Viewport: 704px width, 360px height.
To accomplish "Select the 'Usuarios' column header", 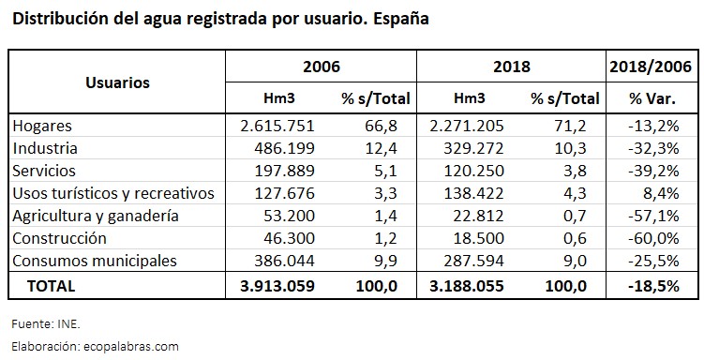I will pyautogui.click(x=117, y=82).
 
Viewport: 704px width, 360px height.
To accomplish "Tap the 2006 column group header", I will pyautogui.click(x=321, y=67).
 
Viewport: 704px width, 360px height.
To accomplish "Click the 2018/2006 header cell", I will pyautogui.click(x=650, y=67).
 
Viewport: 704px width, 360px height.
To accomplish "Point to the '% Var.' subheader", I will pyautogui.click(x=650, y=97).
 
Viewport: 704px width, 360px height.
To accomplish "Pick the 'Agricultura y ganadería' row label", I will pyautogui.click(x=95, y=216).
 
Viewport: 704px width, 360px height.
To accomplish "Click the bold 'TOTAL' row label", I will pyautogui.click(x=52, y=284).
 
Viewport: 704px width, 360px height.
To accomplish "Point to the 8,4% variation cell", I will pyautogui.click(x=661, y=193).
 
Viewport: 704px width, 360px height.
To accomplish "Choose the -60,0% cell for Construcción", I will pyautogui.click(x=656, y=238).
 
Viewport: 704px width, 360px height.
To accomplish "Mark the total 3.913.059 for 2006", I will pyautogui.click(x=274, y=284).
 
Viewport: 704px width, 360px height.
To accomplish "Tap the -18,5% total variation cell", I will pyautogui.click(x=654, y=284).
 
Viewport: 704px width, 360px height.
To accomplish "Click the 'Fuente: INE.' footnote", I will pyautogui.click(x=45, y=323).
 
